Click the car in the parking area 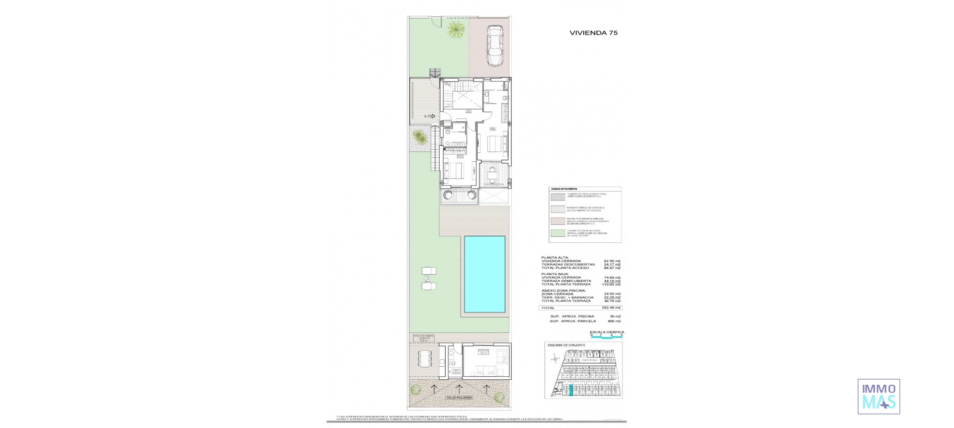(495, 45)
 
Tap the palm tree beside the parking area (455, 29)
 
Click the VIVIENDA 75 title (593, 33)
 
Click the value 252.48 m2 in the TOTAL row (612, 308)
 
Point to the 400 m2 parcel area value (614, 321)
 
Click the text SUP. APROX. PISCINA (572, 317)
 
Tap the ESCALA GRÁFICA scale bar (606, 337)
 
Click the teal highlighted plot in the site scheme (571, 390)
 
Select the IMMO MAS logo (878, 396)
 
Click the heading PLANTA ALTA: (555, 258)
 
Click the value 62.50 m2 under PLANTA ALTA (612, 261)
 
